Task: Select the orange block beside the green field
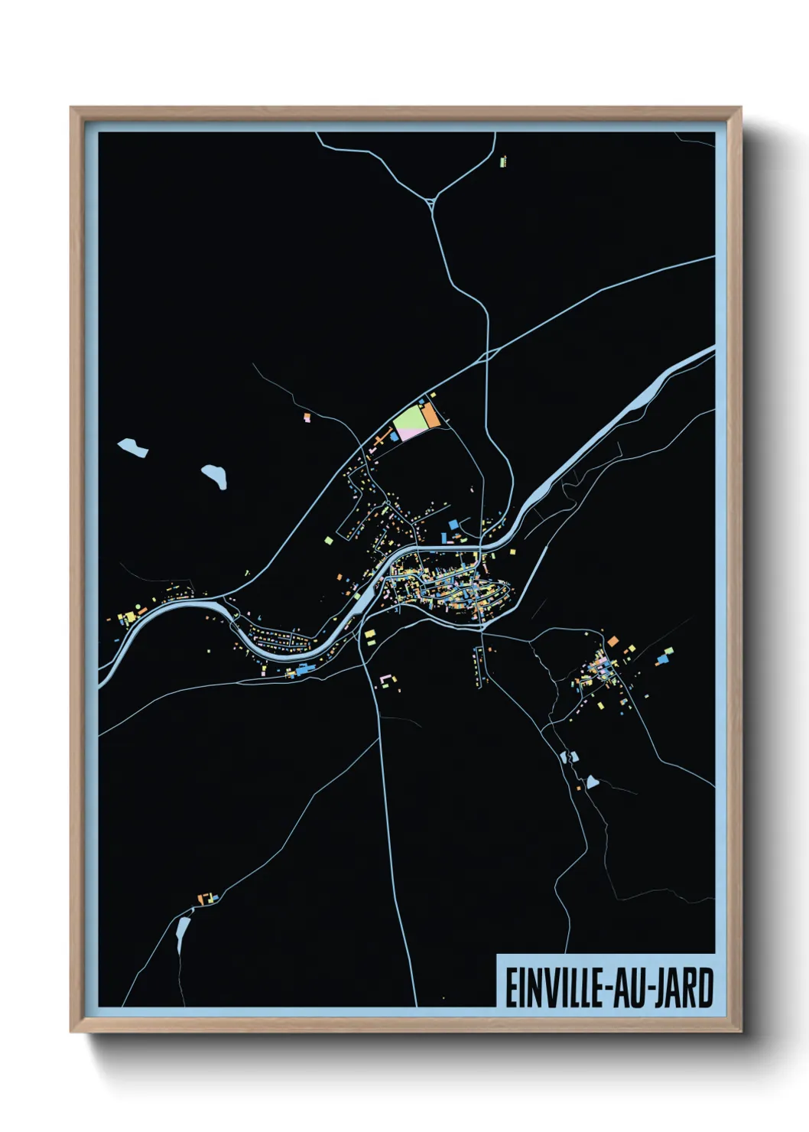[x=431, y=415]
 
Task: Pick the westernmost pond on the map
[x=133, y=447]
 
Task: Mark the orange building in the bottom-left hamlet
[x=203, y=899]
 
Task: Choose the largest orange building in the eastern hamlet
[x=612, y=640]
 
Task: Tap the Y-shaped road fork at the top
[x=433, y=202]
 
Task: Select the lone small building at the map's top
[x=502, y=161]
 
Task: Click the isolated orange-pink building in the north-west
[x=307, y=418]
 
